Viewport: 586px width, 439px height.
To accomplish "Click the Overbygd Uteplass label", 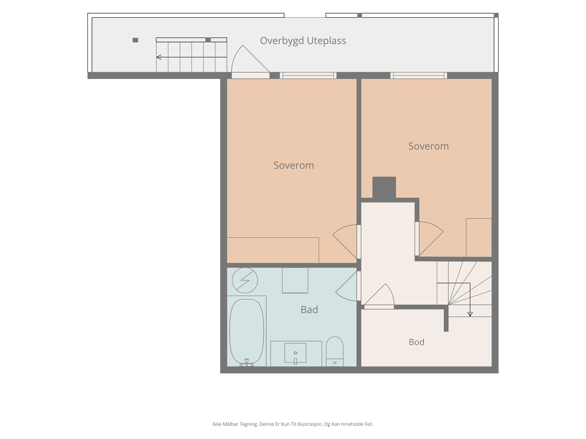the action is pyautogui.click(x=303, y=41).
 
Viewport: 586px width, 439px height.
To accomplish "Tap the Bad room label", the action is pyautogui.click(x=309, y=310).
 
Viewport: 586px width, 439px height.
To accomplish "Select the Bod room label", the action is pyautogui.click(x=416, y=342).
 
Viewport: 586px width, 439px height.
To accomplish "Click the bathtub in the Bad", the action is pyautogui.click(x=246, y=331).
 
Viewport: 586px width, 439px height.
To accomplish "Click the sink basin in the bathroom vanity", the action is pyautogui.click(x=295, y=353).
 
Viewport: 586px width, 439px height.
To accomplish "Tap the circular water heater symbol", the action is pyautogui.click(x=245, y=280).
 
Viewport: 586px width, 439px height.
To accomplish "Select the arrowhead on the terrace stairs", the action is pyautogui.click(x=159, y=57).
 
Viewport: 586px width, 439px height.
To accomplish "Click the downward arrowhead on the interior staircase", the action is pyautogui.click(x=470, y=314).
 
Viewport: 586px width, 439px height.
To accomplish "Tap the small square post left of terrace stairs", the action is pyautogui.click(x=136, y=40).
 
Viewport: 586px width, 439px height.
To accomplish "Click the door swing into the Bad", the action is pyautogui.click(x=346, y=286).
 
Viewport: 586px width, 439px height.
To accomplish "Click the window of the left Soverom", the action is pyautogui.click(x=308, y=75).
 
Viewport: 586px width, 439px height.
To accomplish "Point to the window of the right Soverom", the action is pyautogui.click(x=419, y=75).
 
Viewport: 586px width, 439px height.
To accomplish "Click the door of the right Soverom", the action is pyautogui.click(x=429, y=239).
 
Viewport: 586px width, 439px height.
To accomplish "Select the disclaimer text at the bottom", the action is pyautogui.click(x=293, y=424).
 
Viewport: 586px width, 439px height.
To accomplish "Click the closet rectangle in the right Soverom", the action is pyautogui.click(x=479, y=237).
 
